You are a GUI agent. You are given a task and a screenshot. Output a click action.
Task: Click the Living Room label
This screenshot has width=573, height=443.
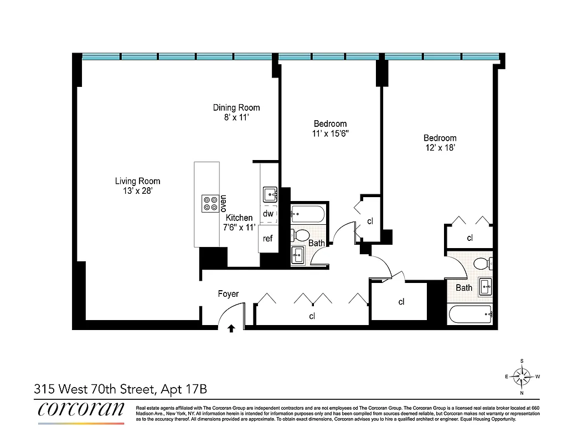click(x=137, y=181)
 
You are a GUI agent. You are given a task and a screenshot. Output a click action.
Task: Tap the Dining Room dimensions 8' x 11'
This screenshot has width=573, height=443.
click(x=236, y=117)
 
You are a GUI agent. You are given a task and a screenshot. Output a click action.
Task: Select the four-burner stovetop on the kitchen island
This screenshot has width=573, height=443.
click(x=210, y=203)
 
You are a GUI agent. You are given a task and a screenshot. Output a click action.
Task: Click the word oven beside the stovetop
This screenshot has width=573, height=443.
click(x=224, y=204)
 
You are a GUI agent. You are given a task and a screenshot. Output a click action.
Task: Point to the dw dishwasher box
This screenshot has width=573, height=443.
click(x=268, y=214)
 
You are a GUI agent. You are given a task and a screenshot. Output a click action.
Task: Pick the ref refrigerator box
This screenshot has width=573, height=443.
click(x=268, y=239)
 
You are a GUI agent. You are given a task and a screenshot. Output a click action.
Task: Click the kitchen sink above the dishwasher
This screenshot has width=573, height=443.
click(x=270, y=194)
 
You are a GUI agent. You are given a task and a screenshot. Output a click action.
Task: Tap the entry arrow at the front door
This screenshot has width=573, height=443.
click(x=231, y=328)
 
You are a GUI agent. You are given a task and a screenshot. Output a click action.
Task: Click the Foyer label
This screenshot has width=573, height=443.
click(x=228, y=294)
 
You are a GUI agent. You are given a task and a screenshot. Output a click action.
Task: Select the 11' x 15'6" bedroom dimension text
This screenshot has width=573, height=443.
click(x=330, y=133)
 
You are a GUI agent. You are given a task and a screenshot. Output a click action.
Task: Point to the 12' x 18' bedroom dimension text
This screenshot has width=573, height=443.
click(x=440, y=148)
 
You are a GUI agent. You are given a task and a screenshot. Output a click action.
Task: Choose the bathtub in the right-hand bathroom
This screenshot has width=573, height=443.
click(x=470, y=315)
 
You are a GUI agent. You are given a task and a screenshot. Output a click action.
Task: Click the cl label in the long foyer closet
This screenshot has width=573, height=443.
click(x=312, y=316)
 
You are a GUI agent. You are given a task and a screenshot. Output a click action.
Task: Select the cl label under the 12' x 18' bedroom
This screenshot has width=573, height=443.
click(x=469, y=238)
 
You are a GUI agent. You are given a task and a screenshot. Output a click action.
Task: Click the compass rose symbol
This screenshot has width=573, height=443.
click(x=522, y=377)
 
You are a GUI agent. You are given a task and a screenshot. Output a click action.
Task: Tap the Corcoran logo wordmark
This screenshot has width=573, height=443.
click(x=81, y=409)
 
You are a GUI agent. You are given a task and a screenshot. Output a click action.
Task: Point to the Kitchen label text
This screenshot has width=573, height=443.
click(x=239, y=218)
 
